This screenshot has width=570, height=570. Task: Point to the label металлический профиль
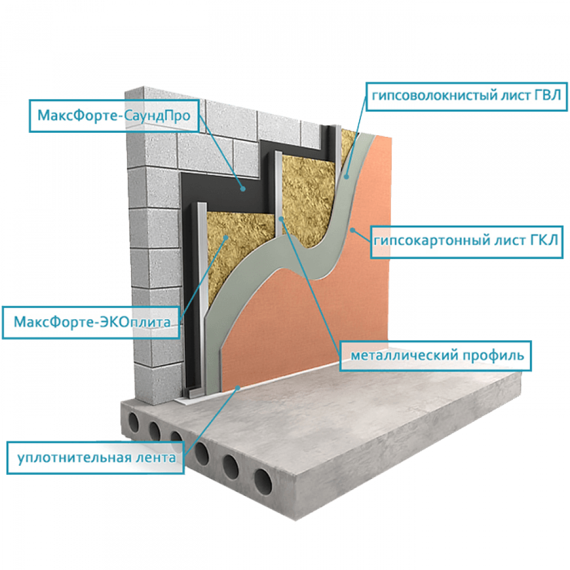point(436,356)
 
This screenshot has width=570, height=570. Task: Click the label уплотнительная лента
point(95,457)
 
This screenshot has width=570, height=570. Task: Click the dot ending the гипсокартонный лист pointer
point(353,230)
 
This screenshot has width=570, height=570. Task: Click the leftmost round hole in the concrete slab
point(133,422)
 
